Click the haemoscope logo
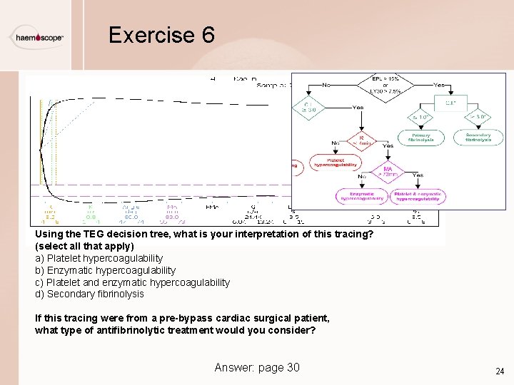pos(40,37)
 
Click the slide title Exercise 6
pos(161,35)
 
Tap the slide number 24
pos(499,371)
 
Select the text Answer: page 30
pos(257,367)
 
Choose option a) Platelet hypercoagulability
pos(99,258)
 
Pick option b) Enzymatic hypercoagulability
pos(106,270)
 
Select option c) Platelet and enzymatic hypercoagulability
pos(133,282)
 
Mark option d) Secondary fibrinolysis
pos(89,294)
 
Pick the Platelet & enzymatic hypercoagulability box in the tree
pos(420,196)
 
